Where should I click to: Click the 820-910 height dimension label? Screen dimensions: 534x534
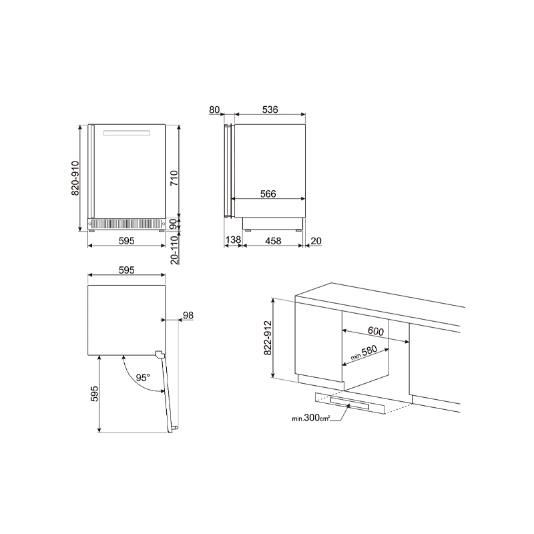[x=75, y=178]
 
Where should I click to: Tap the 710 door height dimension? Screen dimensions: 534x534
[x=174, y=178]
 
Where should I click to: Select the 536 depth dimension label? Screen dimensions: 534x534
[x=270, y=109]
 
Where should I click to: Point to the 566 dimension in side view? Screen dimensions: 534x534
[x=268, y=194]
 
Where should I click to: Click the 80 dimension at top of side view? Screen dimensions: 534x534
[x=214, y=109]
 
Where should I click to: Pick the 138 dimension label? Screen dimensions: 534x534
[x=233, y=240]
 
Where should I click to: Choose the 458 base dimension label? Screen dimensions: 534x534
[x=273, y=241]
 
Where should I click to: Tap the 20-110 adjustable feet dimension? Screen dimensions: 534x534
[x=174, y=250]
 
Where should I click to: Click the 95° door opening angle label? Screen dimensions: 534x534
[x=143, y=378]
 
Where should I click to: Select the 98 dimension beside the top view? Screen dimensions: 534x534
[x=188, y=315]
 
